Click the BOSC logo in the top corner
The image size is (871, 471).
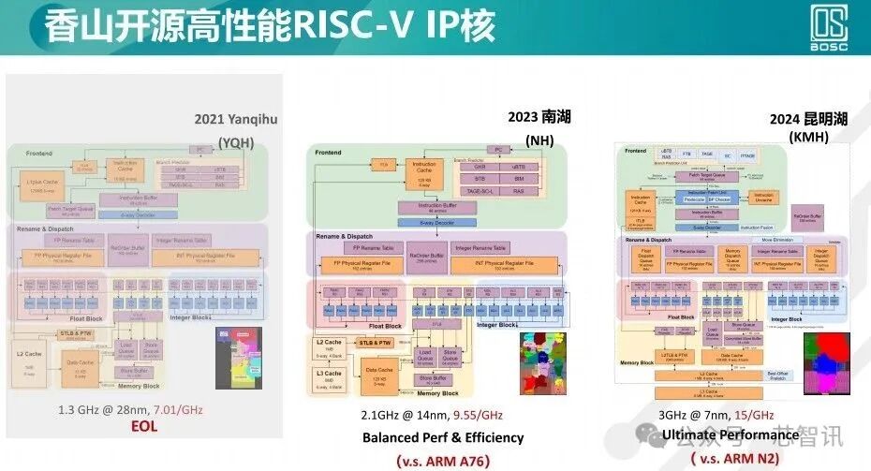coord(829,29)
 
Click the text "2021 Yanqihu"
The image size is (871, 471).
coord(236,119)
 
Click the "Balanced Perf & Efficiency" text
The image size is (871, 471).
coord(443,437)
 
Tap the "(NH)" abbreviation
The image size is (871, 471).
coord(539,140)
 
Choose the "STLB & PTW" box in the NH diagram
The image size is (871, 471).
coord(375,343)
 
